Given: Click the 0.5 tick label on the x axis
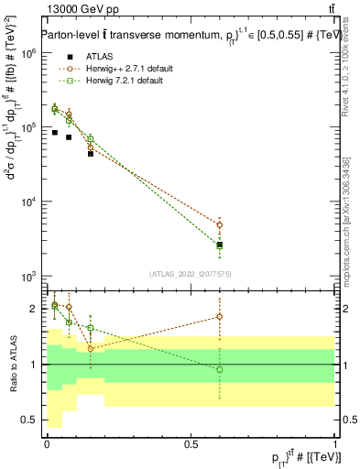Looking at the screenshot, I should pyautogui.click(x=191, y=443).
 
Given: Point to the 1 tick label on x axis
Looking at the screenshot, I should pyautogui.click(x=334, y=443).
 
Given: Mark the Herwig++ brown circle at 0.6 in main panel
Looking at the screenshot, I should pyautogui.click(x=219, y=224).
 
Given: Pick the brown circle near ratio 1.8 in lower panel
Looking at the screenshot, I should pyautogui.click(x=219, y=317).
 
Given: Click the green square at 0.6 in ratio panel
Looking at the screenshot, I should pyautogui.click(x=219, y=369).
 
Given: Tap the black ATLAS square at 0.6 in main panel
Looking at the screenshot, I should pyautogui.click(x=219, y=245).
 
